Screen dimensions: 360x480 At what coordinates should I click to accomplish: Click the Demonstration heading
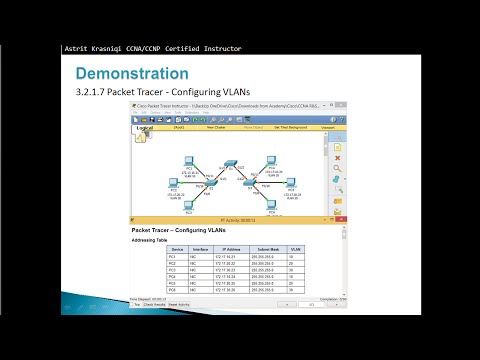click(133, 74)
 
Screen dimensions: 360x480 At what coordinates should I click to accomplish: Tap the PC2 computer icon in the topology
click(173, 181)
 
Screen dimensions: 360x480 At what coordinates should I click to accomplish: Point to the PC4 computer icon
click(271, 159)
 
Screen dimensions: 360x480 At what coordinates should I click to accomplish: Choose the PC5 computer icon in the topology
click(288, 181)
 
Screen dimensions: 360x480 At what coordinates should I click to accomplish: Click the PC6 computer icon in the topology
click(271, 204)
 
